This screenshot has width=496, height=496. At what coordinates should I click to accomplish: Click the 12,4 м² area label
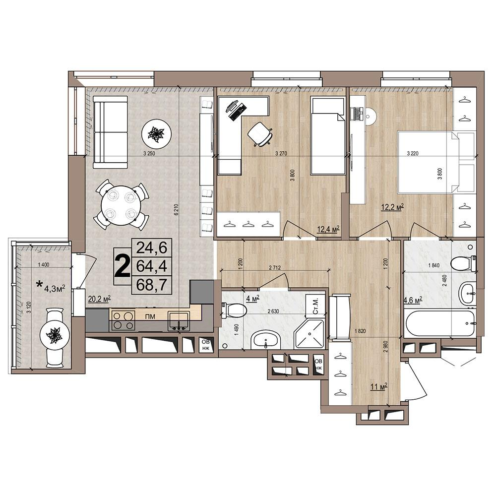click(x=328, y=229)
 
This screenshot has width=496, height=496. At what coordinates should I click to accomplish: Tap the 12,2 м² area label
click(x=393, y=207)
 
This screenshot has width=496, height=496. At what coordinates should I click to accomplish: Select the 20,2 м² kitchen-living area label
click(x=99, y=299)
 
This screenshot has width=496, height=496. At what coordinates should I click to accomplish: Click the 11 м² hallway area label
click(x=379, y=386)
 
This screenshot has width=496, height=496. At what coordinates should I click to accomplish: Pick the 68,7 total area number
click(x=151, y=285)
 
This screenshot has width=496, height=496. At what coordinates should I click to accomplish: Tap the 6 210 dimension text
click(x=176, y=209)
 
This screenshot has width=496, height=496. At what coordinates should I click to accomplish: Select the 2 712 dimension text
click(x=275, y=268)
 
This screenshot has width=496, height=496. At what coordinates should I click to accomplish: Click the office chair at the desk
click(x=260, y=134)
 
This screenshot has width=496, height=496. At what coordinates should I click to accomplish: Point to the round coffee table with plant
click(x=157, y=133)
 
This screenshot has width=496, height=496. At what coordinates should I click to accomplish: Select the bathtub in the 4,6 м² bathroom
click(x=440, y=323)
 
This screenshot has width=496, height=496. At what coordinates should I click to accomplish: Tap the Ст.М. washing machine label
click(x=315, y=306)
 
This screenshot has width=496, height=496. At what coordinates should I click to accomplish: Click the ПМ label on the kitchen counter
click(x=150, y=316)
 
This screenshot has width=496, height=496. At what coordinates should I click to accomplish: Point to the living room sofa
click(x=111, y=132)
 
